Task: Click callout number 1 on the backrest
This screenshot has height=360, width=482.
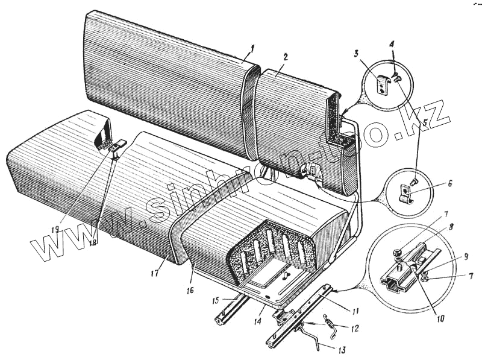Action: tap(254, 48)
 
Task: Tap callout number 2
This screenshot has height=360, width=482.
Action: tap(285, 57)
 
